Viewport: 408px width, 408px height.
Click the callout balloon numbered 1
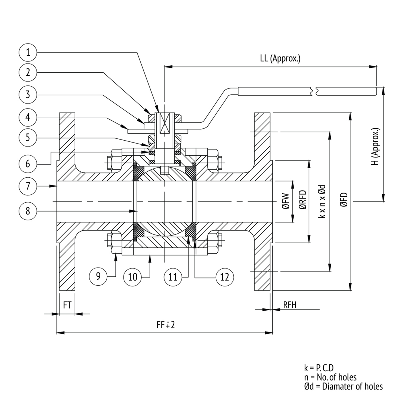(28, 52)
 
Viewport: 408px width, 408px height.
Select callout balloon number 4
(28, 118)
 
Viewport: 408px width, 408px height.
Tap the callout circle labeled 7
(28, 186)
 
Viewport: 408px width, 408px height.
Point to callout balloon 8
(28, 211)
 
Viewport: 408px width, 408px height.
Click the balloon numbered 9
(98, 276)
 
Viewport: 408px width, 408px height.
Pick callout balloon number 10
(132, 277)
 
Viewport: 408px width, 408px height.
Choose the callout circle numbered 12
(225, 277)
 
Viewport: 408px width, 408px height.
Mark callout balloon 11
(173, 277)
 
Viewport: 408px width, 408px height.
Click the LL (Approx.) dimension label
(280, 58)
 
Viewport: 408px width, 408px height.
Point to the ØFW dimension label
(286, 201)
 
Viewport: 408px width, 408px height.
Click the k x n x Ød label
(322, 201)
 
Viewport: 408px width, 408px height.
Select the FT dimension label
(67, 305)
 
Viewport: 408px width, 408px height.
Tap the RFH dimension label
(290, 305)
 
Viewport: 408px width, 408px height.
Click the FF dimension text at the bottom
(166, 324)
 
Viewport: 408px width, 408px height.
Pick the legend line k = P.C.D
(319, 368)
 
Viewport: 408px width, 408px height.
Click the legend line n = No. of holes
(330, 377)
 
